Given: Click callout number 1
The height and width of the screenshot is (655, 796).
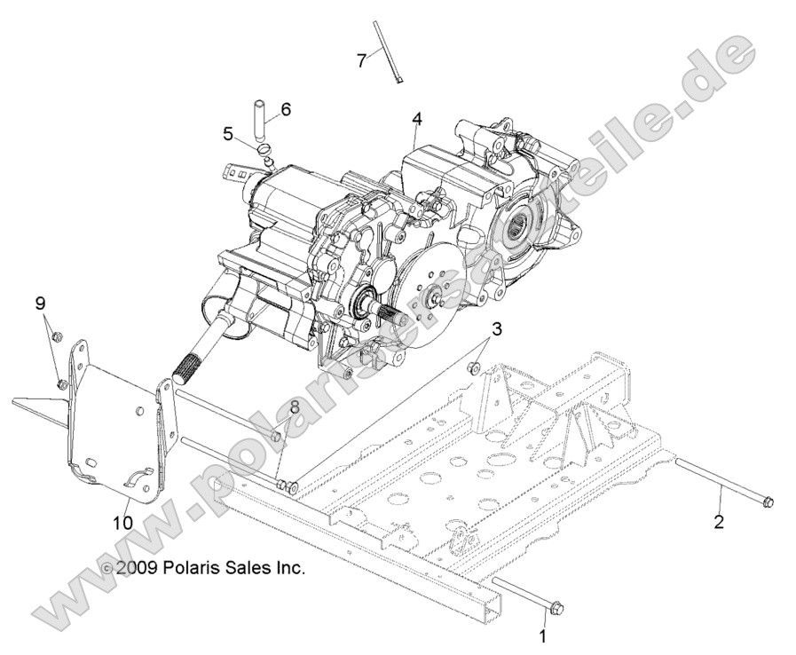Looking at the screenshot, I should coord(544,636).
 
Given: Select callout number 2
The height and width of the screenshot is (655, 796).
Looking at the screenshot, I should coord(719,521).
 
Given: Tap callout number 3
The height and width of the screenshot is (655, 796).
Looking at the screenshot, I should coord(497,329).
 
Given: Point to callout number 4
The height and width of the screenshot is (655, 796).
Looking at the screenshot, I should coord(415,117).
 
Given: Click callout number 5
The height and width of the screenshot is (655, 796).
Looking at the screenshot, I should coord(228,135).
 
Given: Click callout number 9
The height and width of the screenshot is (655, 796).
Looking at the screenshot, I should coord(40,304).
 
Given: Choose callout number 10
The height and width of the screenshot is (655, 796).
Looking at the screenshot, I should coord(122,523).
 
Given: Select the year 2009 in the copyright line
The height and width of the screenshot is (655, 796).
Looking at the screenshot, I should coord(137,568).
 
